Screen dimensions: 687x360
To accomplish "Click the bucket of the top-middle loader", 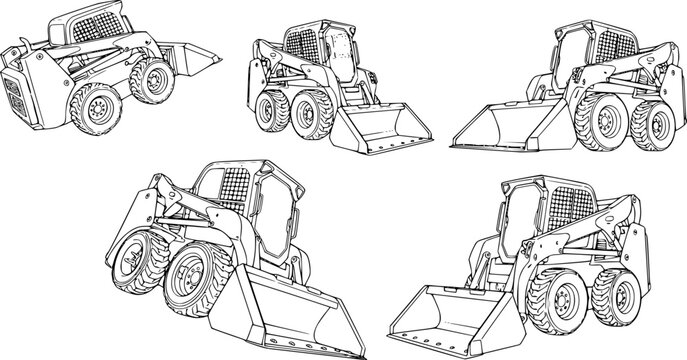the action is coord(384,129).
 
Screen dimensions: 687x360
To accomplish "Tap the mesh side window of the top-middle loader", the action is coord(300,41).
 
